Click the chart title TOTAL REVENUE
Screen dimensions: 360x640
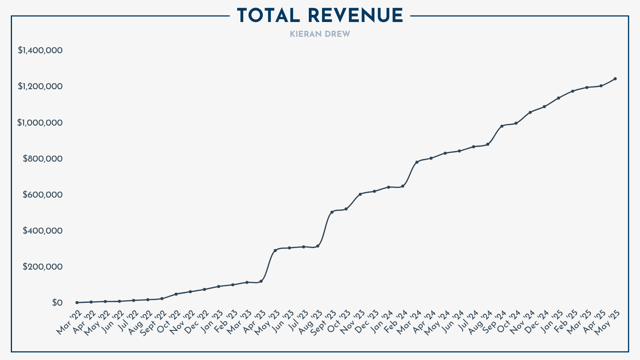point(320,16)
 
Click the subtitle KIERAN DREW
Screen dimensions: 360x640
point(320,34)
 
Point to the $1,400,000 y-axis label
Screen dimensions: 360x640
point(40,50)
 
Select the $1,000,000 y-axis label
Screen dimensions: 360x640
point(40,123)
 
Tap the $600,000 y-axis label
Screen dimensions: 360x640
point(42,195)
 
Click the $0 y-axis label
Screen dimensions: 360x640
point(57,303)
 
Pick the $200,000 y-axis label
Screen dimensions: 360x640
point(42,267)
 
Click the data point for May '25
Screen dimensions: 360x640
point(615,79)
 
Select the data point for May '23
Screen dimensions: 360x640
point(275,250)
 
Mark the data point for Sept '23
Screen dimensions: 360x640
point(332,212)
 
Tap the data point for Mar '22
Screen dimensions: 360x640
point(77,302)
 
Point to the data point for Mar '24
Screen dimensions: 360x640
point(417,162)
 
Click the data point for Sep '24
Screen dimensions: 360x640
point(502,126)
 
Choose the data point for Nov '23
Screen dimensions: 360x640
point(360,194)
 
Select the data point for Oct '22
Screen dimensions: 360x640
point(176,294)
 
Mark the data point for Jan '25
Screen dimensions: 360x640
point(558,98)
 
